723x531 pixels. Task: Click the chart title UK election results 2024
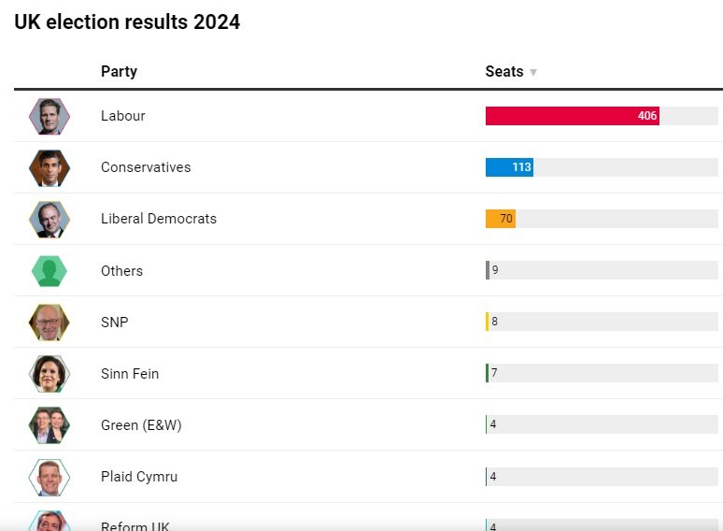pos(127,22)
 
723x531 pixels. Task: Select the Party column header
pos(119,71)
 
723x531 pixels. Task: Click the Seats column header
pos(504,71)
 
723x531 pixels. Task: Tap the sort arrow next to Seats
pos(533,72)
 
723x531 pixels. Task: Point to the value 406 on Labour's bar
pos(647,116)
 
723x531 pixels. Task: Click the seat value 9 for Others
pos(495,270)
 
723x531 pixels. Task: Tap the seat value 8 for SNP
pos(494,322)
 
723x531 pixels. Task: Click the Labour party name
pos(123,116)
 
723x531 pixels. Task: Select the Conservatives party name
pos(146,167)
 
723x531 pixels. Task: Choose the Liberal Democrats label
pos(159,219)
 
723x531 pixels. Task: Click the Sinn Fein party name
pos(130,373)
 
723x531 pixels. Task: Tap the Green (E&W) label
pos(141,424)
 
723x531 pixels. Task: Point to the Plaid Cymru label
pos(139,476)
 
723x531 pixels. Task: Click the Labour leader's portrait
pos(50,116)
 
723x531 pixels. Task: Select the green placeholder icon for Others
pos(50,271)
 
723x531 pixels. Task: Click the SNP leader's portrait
pos(50,322)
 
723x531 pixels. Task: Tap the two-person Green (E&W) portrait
pos(50,424)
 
